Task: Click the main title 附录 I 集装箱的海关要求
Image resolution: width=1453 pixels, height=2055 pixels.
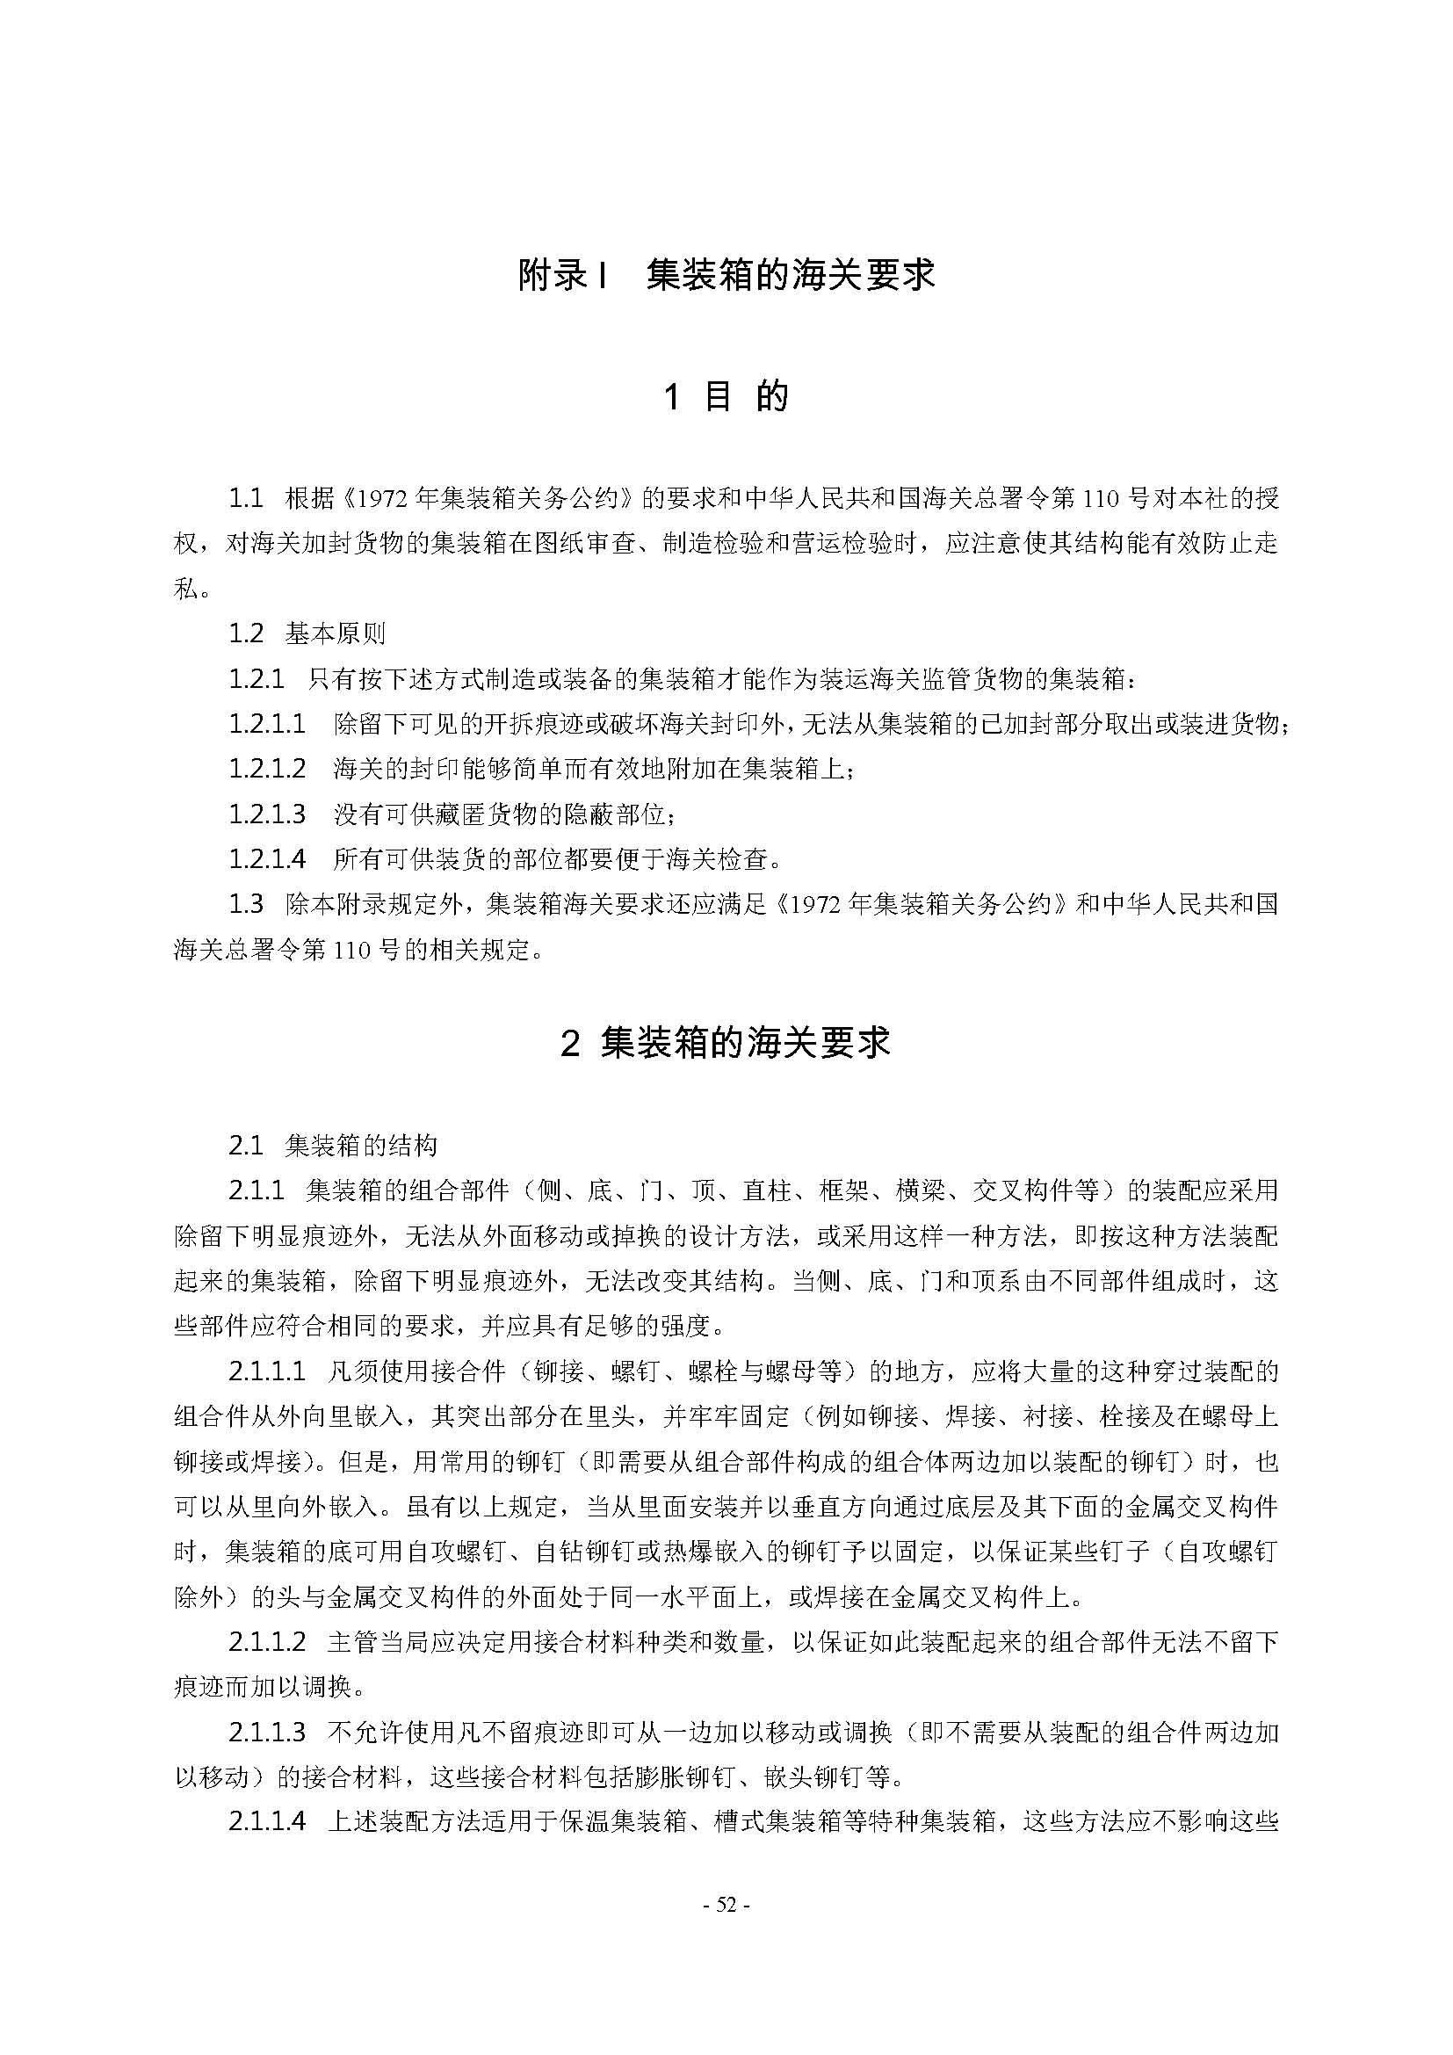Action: coord(726,275)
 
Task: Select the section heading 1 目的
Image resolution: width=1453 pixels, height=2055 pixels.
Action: coord(726,396)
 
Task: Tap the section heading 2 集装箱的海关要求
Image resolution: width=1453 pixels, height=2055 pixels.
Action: coord(726,1043)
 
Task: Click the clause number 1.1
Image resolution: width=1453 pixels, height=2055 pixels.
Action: coord(245,498)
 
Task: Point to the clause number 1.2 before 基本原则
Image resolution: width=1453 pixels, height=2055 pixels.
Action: coord(245,633)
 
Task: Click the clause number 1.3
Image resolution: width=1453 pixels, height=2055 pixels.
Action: coord(245,904)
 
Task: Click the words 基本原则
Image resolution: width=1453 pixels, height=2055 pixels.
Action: coord(336,633)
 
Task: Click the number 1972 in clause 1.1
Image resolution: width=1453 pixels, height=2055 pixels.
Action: coord(382,498)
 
